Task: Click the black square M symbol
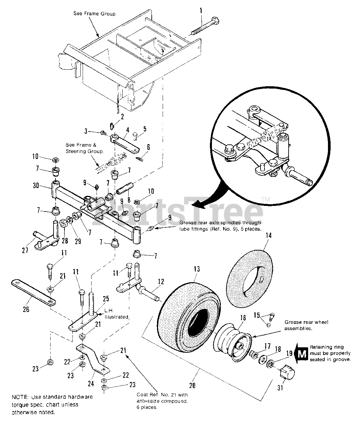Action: (302, 354)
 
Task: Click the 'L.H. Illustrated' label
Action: (115, 314)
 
